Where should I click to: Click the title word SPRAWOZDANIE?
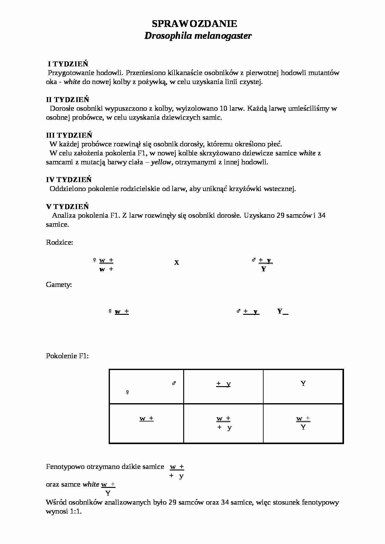click(x=194, y=24)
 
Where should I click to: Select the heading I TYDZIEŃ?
click(x=68, y=64)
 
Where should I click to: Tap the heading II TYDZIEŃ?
click(x=68, y=100)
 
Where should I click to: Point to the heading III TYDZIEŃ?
click(x=69, y=135)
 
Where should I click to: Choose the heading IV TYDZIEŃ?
click(x=69, y=180)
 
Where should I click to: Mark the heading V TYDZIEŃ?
click(x=67, y=207)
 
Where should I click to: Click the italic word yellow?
click(x=161, y=162)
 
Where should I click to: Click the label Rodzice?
click(x=59, y=242)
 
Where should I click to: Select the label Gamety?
click(x=59, y=285)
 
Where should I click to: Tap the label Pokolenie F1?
click(x=67, y=356)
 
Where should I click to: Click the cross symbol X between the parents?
click(x=176, y=263)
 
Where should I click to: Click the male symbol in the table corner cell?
click(x=174, y=383)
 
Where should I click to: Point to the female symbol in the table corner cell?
click(x=127, y=393)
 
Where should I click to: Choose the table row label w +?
click(x=147, y=418)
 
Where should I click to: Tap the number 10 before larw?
click(x=224, y=109)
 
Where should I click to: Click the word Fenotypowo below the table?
click(x=65, y=467)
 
